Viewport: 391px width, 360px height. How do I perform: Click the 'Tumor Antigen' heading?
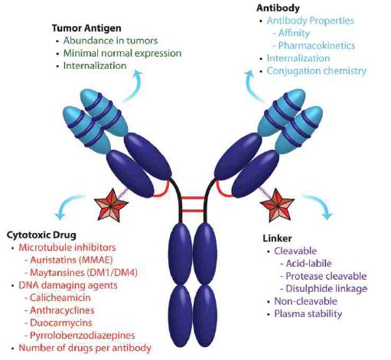(86, 28)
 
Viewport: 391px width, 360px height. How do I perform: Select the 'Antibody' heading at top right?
(278, 8)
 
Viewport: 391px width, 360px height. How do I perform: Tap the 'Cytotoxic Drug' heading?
(41, 235)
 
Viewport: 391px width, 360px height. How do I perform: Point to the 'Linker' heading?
(277, 238)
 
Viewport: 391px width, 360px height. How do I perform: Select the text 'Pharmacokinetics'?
(317, 46)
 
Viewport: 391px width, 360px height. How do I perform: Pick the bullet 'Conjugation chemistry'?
(317, 71)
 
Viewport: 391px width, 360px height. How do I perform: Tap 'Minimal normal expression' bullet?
(122, 54)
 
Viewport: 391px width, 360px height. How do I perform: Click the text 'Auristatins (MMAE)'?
(71, 260)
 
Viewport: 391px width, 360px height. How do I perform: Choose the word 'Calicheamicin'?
(60, 297)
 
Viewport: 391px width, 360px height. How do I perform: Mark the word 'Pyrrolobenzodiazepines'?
(83, 336)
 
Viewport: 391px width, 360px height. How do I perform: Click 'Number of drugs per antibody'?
(85, 348)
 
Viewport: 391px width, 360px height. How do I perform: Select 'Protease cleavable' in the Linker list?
(326, 276)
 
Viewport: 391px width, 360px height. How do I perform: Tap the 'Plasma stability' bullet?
(308, 314)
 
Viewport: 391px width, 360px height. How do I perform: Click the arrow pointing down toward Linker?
(319, 204)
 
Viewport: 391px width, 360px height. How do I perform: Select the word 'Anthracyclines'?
(62, 310)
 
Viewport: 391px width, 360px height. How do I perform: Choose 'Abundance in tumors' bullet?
(110, 41)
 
